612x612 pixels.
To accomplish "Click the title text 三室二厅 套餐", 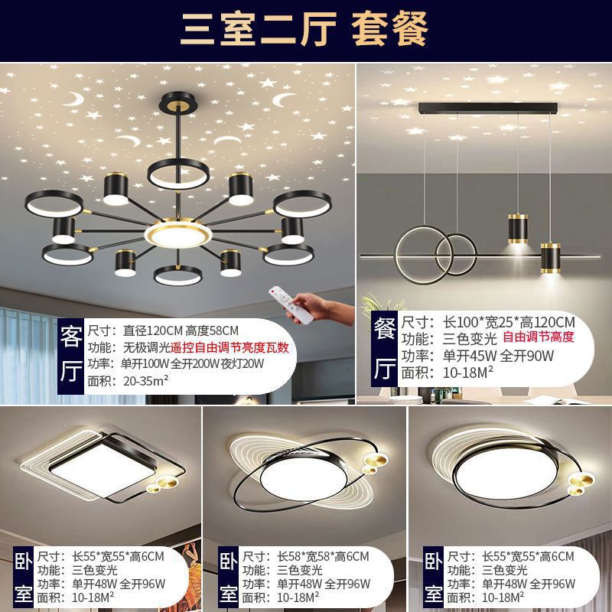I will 304,31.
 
